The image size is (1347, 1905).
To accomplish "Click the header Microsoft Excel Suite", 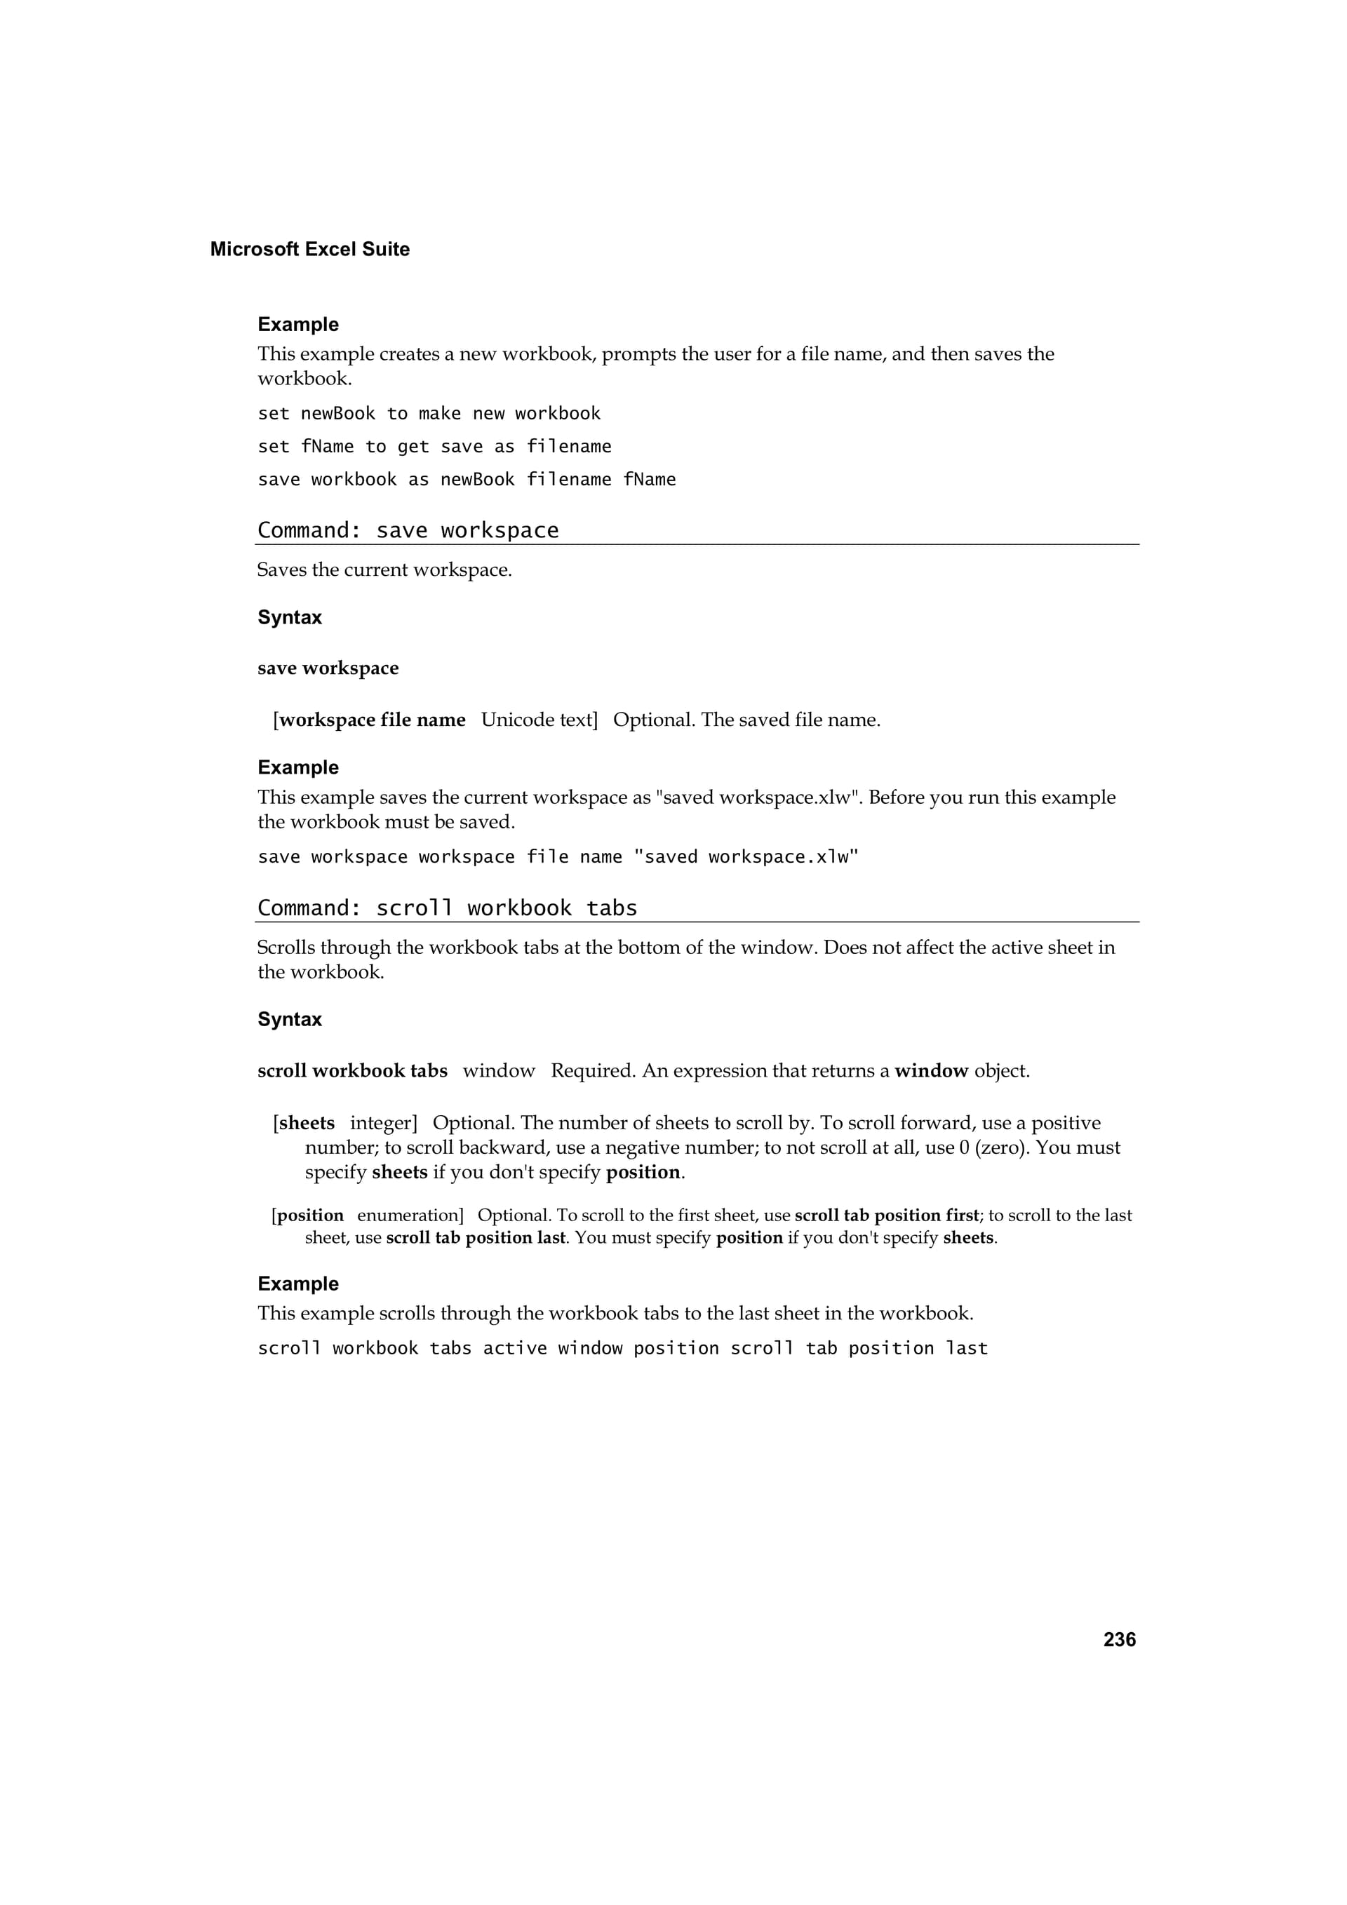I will click(309, 250).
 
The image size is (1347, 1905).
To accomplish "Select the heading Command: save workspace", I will click(408, 530).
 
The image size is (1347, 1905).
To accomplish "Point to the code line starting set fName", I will click(434, 446).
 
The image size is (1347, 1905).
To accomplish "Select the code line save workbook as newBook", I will click(467, 480).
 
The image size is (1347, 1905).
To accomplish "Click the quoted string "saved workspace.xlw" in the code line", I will click(745, 857).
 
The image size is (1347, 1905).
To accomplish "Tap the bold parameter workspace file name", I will click(372, 720).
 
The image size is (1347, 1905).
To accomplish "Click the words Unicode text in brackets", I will click(537, 720).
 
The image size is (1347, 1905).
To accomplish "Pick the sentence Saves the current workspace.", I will click(384, 570).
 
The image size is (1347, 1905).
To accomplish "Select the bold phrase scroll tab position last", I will click(476, 1238).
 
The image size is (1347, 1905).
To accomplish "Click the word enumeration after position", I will click(409, 1216).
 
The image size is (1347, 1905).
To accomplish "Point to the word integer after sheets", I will click(382, 1124).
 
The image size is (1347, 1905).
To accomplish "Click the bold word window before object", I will click(931, 1071).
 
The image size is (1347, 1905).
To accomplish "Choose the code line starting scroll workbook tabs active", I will click(622, 1348).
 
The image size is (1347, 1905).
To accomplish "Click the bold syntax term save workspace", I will click(328, 668).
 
